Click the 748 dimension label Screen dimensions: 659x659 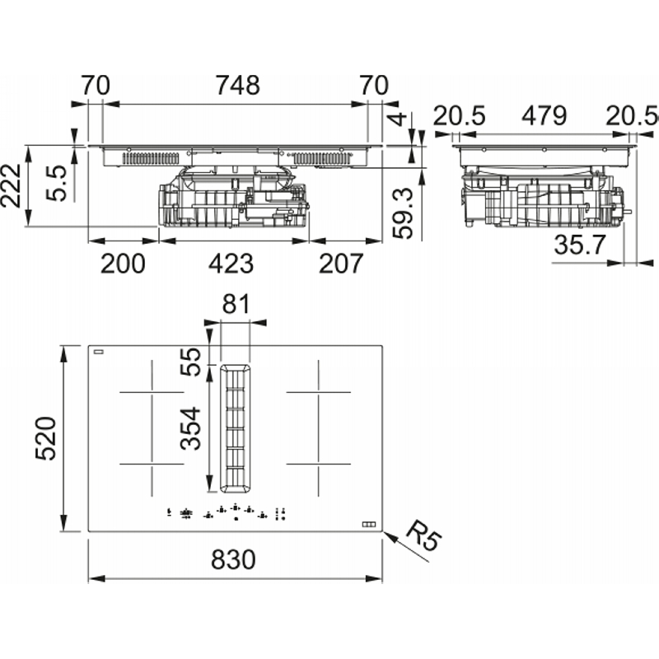[237, 86]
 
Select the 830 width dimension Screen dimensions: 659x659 [233, 560]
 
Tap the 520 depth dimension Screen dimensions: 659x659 [46, 438]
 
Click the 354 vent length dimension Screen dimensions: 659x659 [190, 428]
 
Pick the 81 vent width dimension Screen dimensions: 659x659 [236, 304]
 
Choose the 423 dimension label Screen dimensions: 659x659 [231, 264]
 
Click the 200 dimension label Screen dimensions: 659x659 [123, 264]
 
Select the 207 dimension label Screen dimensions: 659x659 [341, 264]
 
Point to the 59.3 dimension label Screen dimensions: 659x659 [403, 213]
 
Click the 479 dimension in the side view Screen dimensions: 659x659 [544, 115]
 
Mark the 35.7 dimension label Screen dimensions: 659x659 [580, 245]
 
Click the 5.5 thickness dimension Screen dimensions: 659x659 [56, 183]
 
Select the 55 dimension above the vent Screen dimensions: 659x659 [190, 362]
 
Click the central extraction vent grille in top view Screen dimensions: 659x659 [235, 428]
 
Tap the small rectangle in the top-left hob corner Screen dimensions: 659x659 [98, 352]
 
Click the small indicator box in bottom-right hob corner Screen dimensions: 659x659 [368, 524]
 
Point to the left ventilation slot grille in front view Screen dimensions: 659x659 [151, 158]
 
